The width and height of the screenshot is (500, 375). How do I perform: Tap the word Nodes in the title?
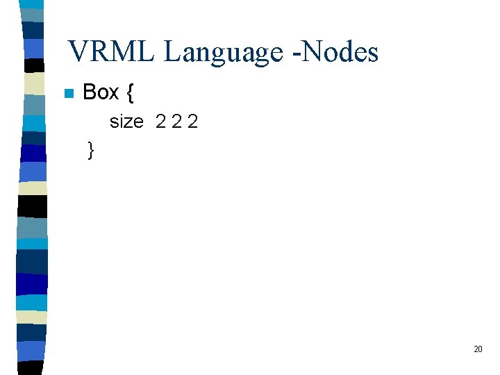coord(340,52)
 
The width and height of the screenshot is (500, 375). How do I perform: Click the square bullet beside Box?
coord(68,93)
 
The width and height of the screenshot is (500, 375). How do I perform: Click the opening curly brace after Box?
coord(131,93)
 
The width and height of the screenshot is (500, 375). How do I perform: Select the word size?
coord(126,122)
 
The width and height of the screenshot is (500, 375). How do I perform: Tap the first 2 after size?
coord(161,122)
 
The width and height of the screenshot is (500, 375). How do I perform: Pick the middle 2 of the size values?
coord(177,122)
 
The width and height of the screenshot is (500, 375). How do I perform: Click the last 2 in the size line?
coord(193,122)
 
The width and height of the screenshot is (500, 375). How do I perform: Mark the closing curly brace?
coord(91,150)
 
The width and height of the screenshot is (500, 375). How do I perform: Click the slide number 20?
coord(478,349)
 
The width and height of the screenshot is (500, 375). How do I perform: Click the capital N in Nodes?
coord(312,52)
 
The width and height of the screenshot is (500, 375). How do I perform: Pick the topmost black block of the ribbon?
coord(33,65)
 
